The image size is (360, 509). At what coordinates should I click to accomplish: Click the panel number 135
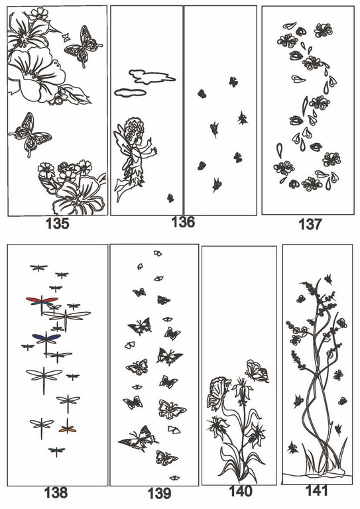(x=58, y=223)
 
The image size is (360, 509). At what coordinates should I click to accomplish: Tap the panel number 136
(x=183, y=222)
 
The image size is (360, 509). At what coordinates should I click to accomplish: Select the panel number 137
(x=310, y=224)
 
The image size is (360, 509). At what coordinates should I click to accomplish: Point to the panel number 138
(x=56, y=493)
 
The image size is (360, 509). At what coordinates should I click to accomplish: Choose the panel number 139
(x=159, y=494)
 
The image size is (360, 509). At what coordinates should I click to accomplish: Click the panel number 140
(x=241, y=492)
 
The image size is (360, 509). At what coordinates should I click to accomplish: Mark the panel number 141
(x=317, y=490)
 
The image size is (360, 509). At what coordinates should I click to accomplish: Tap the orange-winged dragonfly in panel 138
(x=68, y=429)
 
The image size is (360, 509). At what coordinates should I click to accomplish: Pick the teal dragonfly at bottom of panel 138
(x=56, y=451)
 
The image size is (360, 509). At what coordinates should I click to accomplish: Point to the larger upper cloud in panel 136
(x=152, y=77)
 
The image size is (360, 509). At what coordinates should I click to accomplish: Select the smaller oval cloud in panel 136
(x=130, y=93)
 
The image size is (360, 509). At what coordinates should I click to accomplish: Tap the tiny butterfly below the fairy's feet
(x=170, y=198)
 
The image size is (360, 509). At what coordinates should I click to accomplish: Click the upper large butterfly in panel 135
(x=84, y=46)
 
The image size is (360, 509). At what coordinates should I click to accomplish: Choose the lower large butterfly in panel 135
(x=30, y=134)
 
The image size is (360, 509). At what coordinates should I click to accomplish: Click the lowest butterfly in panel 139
(x=174, y=477)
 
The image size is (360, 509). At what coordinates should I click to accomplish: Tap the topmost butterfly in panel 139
(x=158, y=253)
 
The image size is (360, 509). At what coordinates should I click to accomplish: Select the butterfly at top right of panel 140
(x=257, y=370)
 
